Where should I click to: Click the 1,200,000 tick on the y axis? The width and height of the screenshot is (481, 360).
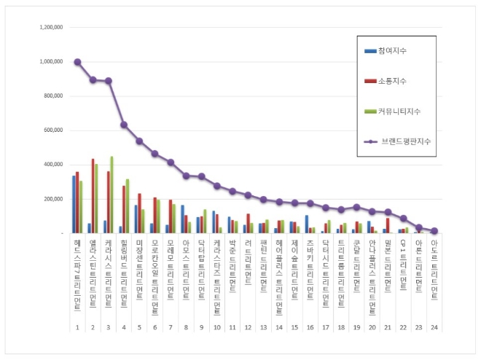50,28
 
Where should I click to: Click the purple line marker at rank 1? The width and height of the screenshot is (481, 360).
78,62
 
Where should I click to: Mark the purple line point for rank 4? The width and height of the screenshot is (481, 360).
124,125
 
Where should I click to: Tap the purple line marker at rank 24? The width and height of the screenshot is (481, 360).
434,230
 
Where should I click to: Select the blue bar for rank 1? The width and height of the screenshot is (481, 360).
74,205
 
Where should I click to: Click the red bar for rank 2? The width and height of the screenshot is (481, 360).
93,196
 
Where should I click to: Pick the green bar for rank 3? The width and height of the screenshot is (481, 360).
112,195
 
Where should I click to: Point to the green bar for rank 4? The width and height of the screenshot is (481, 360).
128,206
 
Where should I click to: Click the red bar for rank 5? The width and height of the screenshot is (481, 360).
139,214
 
